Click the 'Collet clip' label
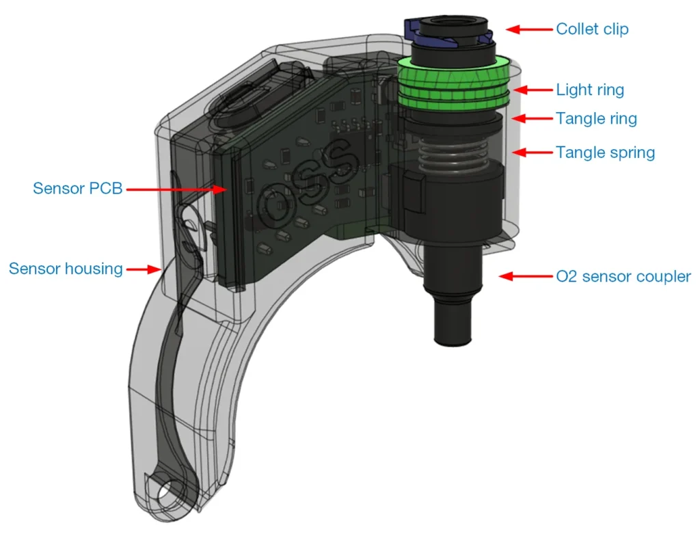[592, 29]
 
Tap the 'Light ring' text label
[590, 90]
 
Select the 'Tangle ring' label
[596, 118]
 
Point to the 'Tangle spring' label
[605, 152]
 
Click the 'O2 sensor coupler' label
[623, 276]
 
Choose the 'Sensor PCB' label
[77, 187]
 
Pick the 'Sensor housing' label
[66, 269]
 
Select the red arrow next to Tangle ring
[533, 118]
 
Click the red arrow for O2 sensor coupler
[524, 276]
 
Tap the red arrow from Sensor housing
[145, 269]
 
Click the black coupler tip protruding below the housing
[453, 325]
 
